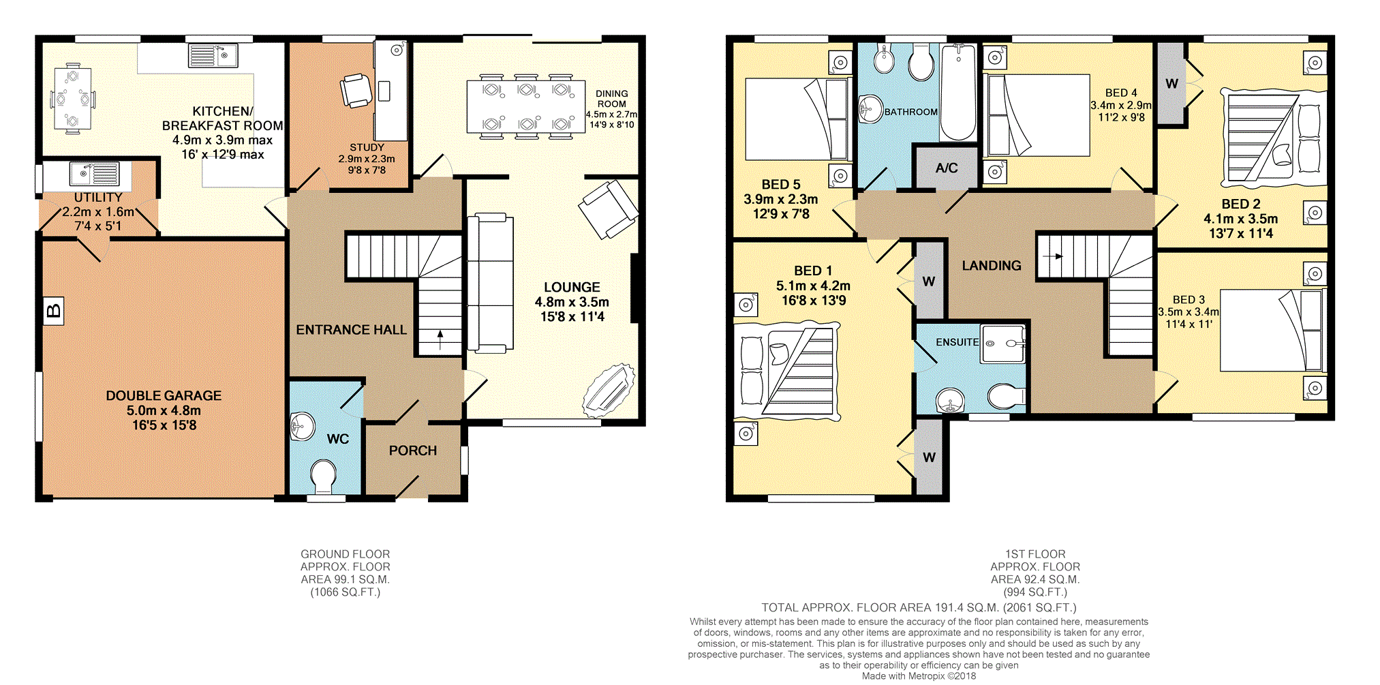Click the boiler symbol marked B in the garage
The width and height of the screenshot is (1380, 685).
coord(53,311)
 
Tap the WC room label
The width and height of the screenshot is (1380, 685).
coord(338,439)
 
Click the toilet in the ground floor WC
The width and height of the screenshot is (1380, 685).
coord(323,476)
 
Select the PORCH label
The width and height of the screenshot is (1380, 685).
coord(412,451)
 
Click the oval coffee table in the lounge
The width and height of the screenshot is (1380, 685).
coord(609,391)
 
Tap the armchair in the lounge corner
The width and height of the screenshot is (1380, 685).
coord(609,209)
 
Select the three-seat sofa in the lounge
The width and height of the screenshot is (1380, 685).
coord(490,283)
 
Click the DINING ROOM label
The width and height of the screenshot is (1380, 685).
coord(611,99)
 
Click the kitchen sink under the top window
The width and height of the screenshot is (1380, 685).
coord(213,55)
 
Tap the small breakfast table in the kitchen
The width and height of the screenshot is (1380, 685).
coord(72,100)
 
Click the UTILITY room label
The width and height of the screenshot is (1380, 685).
coord(98,197)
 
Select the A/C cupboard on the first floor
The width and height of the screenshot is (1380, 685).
coord(946,168)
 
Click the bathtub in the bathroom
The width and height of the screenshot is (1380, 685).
coord(958,92)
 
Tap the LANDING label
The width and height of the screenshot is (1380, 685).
coord(991,266)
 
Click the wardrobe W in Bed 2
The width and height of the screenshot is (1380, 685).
coord(1171,84)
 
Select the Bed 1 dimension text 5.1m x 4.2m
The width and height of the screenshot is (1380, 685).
coord(813,286)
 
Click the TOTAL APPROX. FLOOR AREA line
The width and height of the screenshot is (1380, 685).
coord(919,607)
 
